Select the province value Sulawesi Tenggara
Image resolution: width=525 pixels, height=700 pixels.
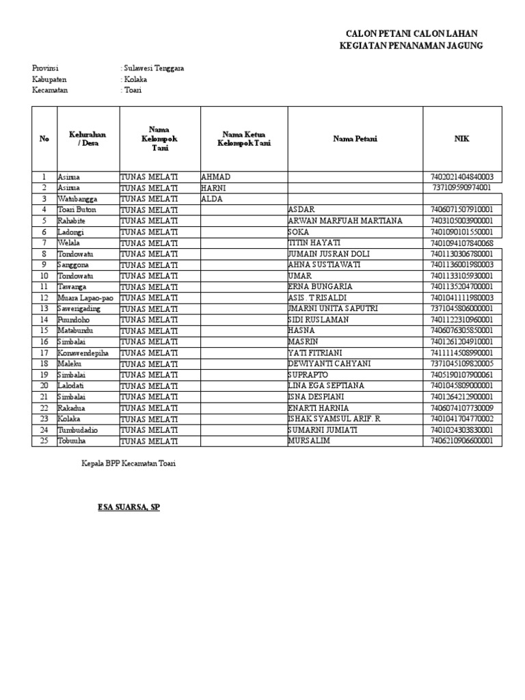153,68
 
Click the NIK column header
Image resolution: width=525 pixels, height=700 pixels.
462,139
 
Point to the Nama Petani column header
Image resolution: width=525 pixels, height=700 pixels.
355,139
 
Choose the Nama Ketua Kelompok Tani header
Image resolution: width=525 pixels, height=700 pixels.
243,139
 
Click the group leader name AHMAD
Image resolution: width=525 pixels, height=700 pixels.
216,176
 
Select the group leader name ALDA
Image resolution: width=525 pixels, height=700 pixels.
213,199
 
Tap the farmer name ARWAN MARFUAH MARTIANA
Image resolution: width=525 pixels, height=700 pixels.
346,221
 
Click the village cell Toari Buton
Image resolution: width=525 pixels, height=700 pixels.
77,210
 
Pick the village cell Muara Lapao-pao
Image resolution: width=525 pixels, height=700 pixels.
86,298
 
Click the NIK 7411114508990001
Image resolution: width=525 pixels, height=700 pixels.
461,353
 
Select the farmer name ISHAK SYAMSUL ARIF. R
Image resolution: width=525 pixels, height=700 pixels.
335,419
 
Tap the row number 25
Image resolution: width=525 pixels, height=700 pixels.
44,441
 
